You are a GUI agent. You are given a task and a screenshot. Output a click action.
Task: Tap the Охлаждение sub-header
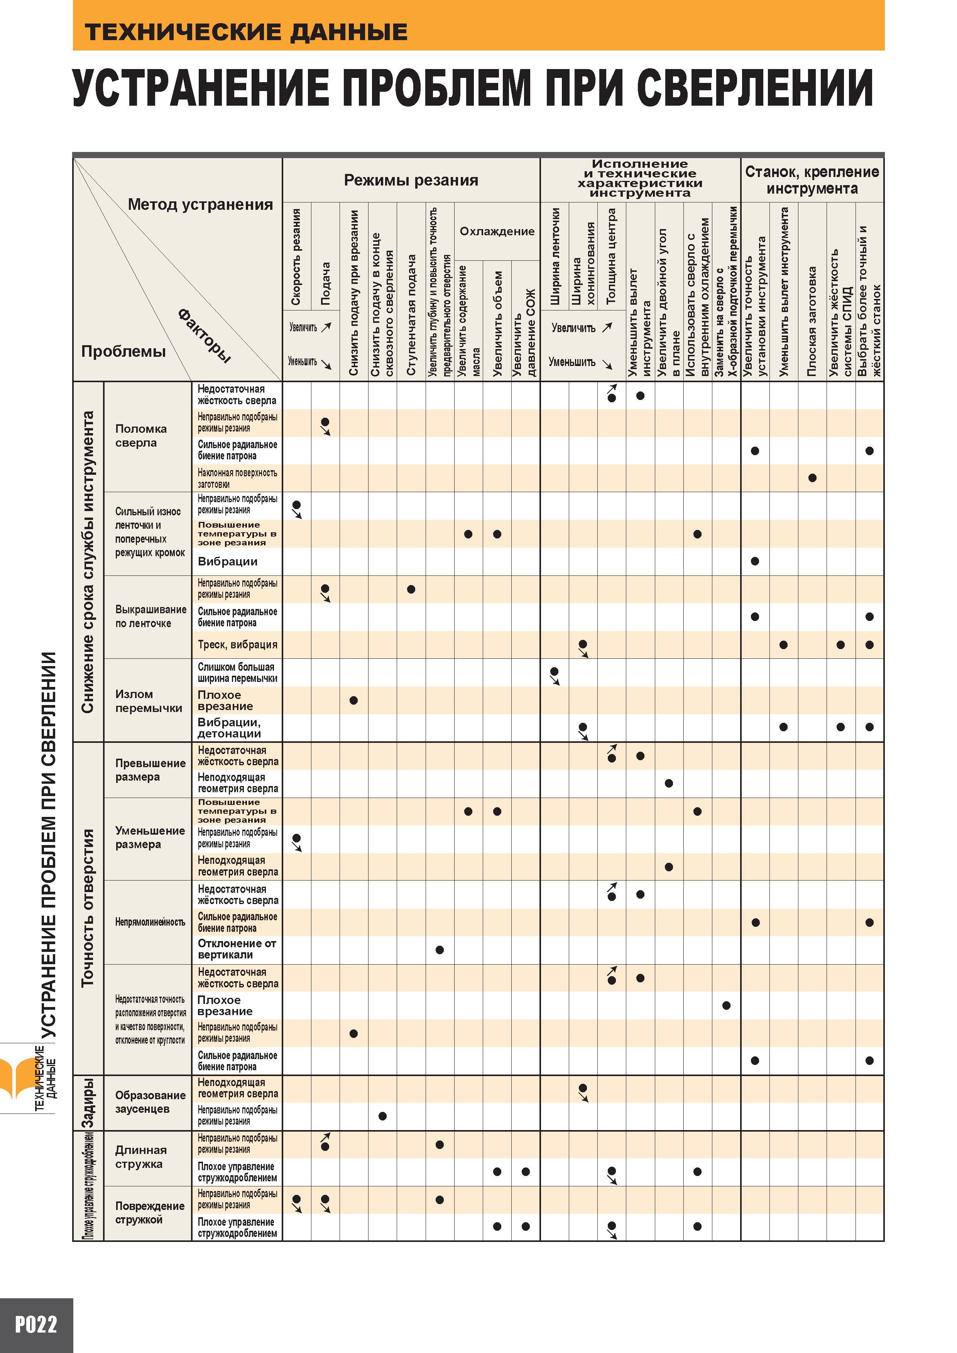click(x=497, y=231)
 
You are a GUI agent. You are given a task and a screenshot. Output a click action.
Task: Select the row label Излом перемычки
click(x=149, y=701)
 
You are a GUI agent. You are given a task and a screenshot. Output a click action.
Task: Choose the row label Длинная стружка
click(x=141, y=1157)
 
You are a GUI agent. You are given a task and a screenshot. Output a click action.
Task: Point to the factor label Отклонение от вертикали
click(x=237, y=949)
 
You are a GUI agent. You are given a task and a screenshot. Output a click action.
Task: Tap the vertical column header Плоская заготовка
click(x=812, y=321)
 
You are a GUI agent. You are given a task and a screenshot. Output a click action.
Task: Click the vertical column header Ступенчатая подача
click(x=411, y=315)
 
